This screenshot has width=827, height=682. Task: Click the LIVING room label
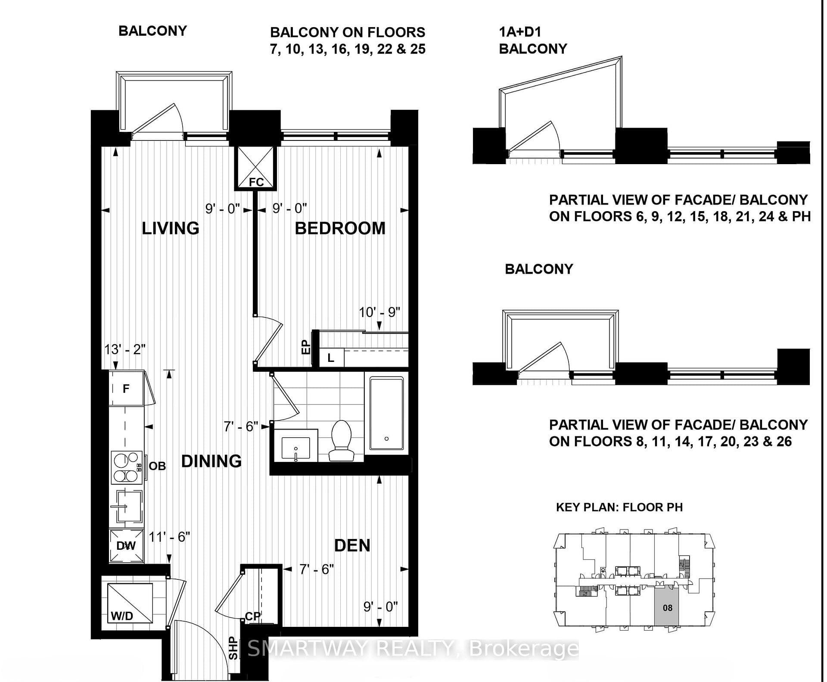pyautogui.click(x=171, y=228)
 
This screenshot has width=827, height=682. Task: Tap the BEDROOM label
pyautogui.click(x=340, y=228)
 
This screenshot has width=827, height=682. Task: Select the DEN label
pyautogui.click(x=352, y=545)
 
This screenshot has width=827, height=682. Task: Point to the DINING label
pyautogui.click(x=211, y=461)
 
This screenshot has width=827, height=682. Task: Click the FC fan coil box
pyautogui.click(x=256, y=168)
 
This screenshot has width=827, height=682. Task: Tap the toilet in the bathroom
pyautogui.click(x=341, y=441)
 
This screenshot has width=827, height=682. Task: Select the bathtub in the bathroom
pyautogui.click(x=386, y=414)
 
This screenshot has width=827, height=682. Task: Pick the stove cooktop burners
pyautogui.click(x=127, y=467)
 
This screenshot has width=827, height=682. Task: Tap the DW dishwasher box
pyautogui.click(x=126, y=545)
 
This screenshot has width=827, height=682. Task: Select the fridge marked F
pyautogui.click(x=127, y=388)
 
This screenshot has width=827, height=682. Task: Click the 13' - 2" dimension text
pyautogui.click(x=125, y=349)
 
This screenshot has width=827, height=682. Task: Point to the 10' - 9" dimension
pyautogui.click(x=379, y=312)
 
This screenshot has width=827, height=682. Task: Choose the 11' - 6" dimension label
pyautogui.click(x=169, y=537)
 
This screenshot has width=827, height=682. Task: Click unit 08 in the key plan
pyautogui.click(x=667, y=607)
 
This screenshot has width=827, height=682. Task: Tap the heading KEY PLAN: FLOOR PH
pyautogui.click(x=619, y=507)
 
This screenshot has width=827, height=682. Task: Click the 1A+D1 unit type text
pyautogui.click(x=520, y=31)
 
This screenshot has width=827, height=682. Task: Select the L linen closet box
pyautogui.click(x=331, y=358)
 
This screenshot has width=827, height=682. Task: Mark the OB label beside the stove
pyautogui.click(x=157, y=466)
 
